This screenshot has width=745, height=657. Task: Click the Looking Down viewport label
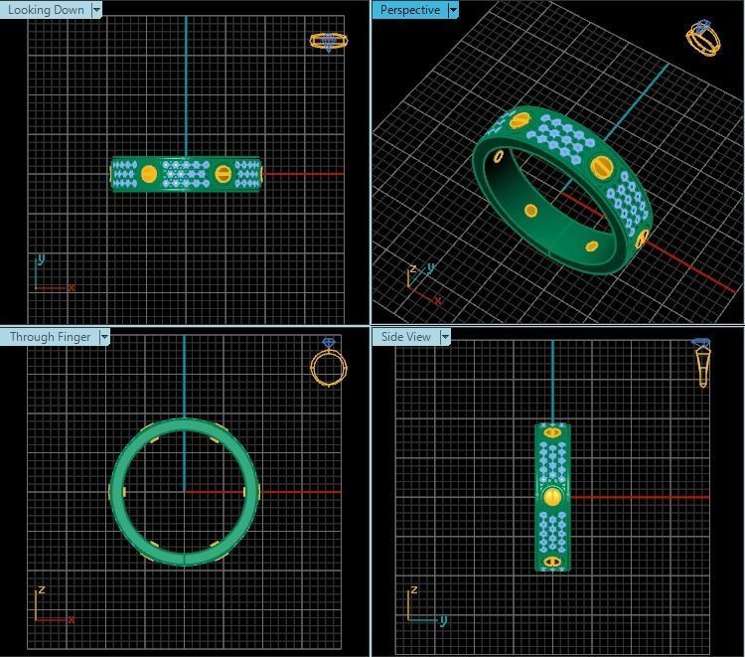[46, 10]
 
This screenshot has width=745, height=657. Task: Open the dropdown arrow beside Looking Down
[96, 10]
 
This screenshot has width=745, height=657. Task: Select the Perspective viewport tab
[409, 10]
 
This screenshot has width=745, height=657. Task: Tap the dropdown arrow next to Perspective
[453, 10]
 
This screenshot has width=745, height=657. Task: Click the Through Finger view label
[50, 337]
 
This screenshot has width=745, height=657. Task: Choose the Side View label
[406, 337]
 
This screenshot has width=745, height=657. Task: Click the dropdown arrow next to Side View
[445, 337]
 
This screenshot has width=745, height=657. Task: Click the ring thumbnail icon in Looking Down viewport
[328, 41]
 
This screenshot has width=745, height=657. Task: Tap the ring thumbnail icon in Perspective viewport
[702, 37]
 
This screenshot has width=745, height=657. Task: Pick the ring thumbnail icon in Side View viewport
[702, 361]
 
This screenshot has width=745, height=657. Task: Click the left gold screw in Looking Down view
[149, 174]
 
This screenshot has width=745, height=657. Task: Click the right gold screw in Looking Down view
[223, 174]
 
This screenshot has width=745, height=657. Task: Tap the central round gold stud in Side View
[552, 496]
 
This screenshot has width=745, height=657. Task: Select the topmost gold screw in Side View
[552, 432]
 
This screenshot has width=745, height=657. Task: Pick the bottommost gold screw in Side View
[552, 562]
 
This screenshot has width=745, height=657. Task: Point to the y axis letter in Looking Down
[40, 259]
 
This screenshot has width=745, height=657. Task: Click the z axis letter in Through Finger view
[40, 589]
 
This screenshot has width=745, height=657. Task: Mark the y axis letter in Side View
[443, 620]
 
